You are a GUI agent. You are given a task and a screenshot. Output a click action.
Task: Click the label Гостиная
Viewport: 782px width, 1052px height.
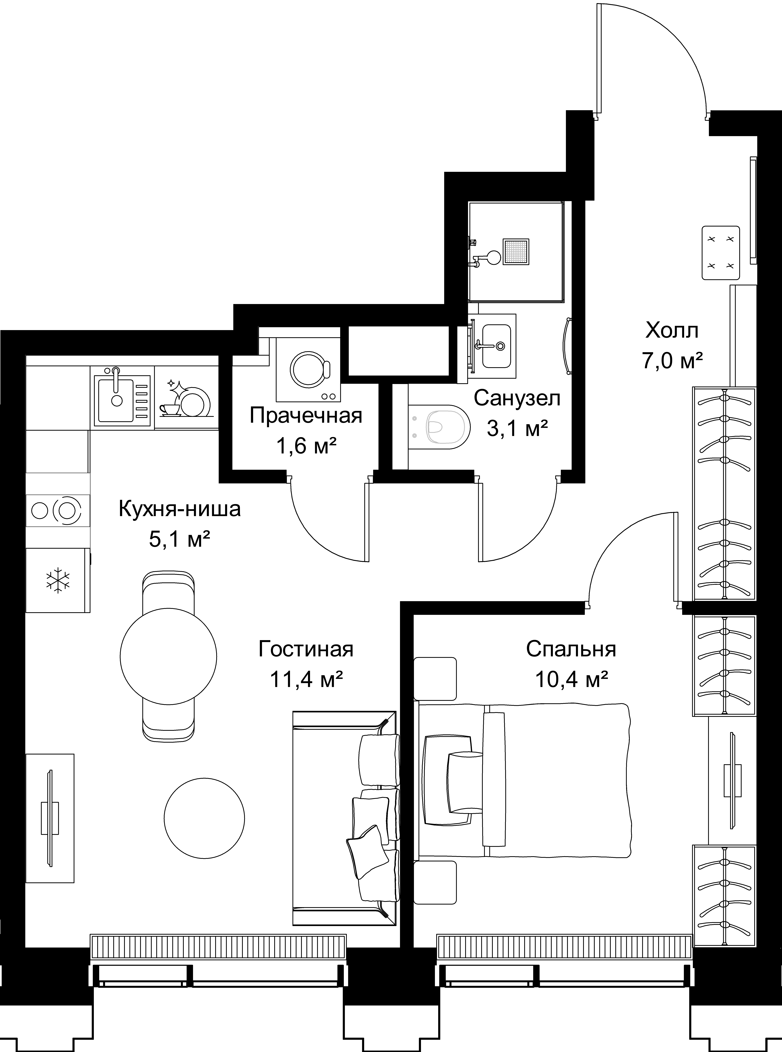click(306, 649)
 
